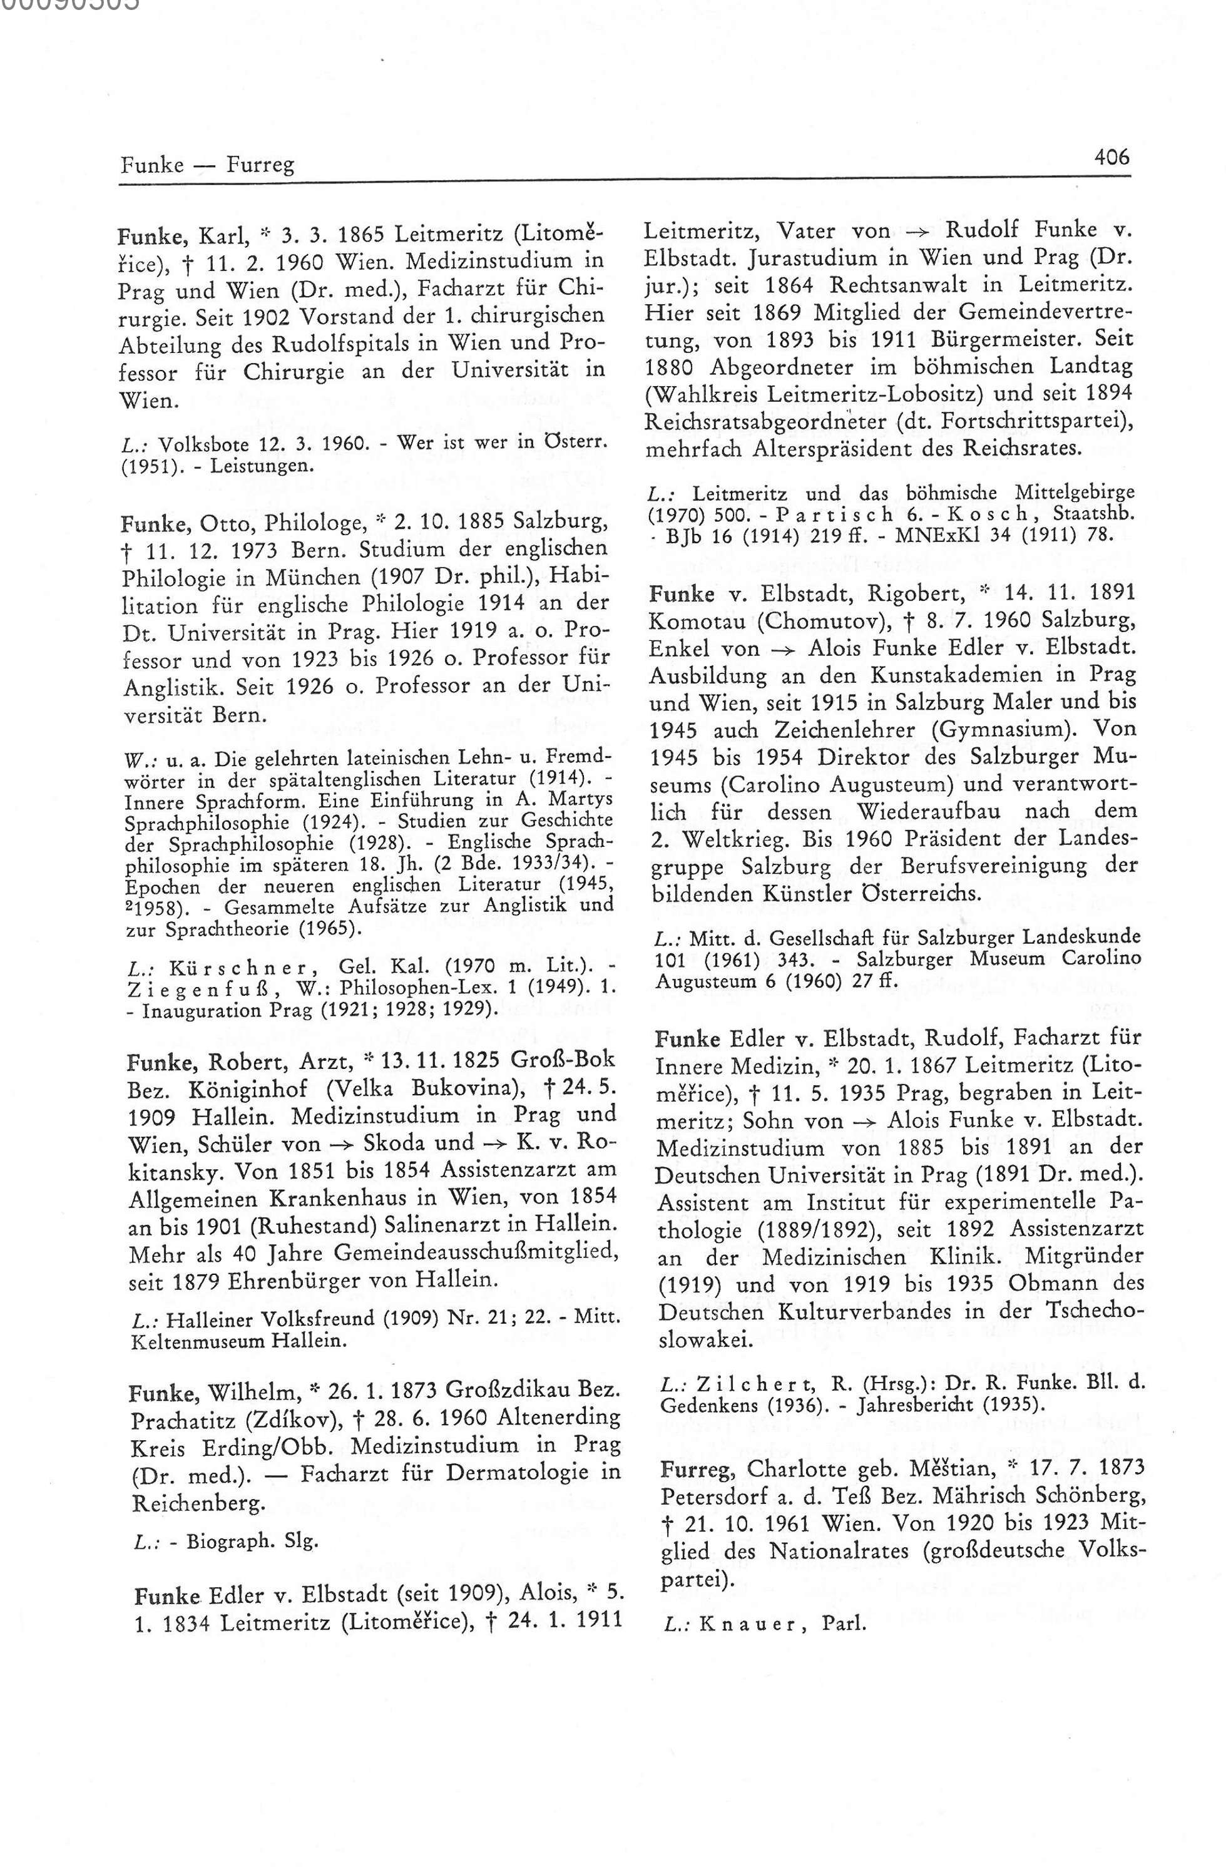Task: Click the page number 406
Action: (1111, 158)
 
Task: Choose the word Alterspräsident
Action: (849, 449)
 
